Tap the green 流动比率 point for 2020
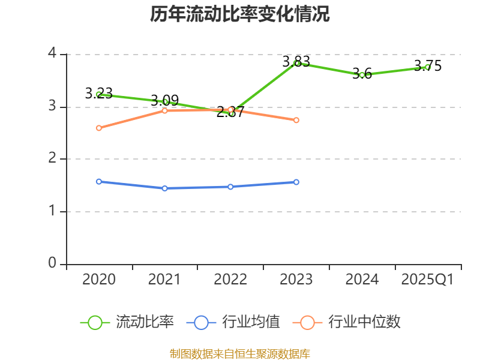pyautogui.click(x=99, y=94)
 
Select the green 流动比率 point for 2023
pyautogui.click(x=296, y=63)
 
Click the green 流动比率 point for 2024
pyautogui.click(x=362, y=75)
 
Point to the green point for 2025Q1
pyautogui.click(x=427, y=67)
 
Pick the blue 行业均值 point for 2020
pyautogui.click(x=99, y=181)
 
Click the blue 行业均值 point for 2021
pyautogui.click(x=164, y=188)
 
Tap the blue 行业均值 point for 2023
pyautogui.click(x=296, y=182)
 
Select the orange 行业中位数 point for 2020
pyautogui.click(x=99, y=128)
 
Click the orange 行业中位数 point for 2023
pyautogui.click(x=296, y=120)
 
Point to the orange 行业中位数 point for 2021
pyautogui.click(x=164, y=110)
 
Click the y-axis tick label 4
pyautogui.click(x=52, y=53)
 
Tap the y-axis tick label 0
pyautogui.click(x=52, y=263)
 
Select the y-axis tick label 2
pyautogui.click(x=52, y=158)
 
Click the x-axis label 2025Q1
pyautogui.click(x=427, y=280)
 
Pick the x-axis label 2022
pyautogui.click(x=230, y=280)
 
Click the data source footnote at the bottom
pyautogui.click(x=240, y=353)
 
